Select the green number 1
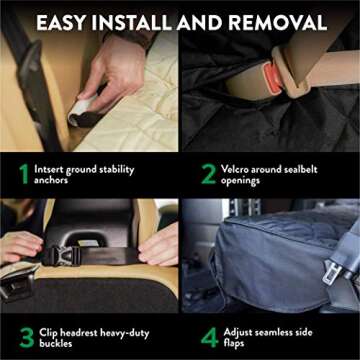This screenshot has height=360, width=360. point(22,174)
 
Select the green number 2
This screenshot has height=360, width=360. point(208,174)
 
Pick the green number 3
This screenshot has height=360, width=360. point(24,335)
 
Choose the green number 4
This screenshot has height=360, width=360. point(208,335)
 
